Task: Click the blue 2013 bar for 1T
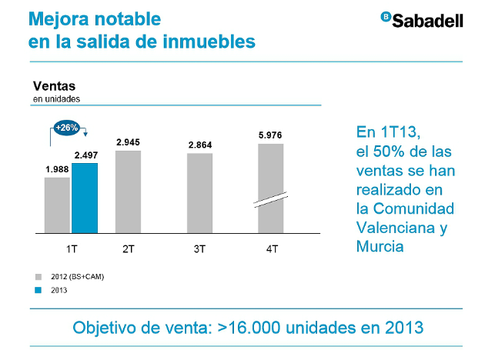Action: (x=85, y=198)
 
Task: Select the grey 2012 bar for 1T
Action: (x=57, y=205)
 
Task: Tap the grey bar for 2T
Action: (x=128, y=191)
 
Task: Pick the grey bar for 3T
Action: (x=200, y=192)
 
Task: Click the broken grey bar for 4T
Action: (x=271, y=188)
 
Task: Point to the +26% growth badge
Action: (x=67, y=128)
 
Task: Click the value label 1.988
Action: (x=57, y=169)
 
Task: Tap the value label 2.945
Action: (x=129, y=142)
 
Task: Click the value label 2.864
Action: (x=199, y=145)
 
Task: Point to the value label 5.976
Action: (x=270, y=135)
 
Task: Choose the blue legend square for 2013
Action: (x=37, y=289)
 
